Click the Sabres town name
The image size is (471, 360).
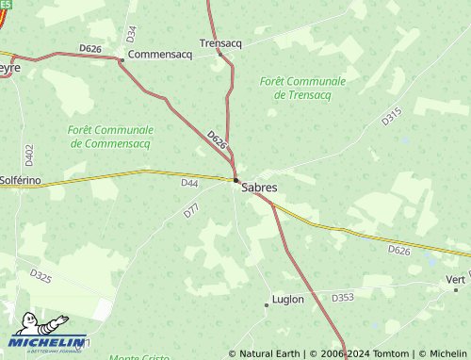[x=259, y=188]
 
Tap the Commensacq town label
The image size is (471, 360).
[x=159, y=55]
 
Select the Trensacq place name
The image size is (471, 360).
[x=222, y=42]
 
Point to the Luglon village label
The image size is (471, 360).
[x=287, y=300]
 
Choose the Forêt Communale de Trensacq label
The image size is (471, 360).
[x=302, y=89]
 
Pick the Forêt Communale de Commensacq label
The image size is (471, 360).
[x=110, y=137]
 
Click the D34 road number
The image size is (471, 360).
[x=131, y=34]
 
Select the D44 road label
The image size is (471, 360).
[x=190, y=183]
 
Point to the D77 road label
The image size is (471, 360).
[x=191, y=212]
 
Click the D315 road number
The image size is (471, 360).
[x=392, y=117]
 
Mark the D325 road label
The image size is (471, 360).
[x=41, y=276]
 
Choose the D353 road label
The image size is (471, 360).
[x=343, y=297]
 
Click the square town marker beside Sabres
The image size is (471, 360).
[x=235, y=179]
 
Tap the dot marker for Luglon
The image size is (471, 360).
[x=266, y=304]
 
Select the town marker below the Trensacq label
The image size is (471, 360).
[x=219, y=54]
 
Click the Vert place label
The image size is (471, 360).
[x=456, y=280]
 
